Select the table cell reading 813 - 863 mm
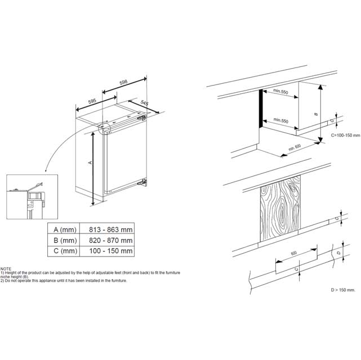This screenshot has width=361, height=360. [x=111, y=229]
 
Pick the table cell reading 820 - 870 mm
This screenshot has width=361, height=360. [x=111, y=240]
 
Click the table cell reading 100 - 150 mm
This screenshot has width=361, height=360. [x=111, y=251]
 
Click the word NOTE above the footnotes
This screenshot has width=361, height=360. [x=7, y=269]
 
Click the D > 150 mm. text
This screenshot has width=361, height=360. [x=342, y=290]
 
